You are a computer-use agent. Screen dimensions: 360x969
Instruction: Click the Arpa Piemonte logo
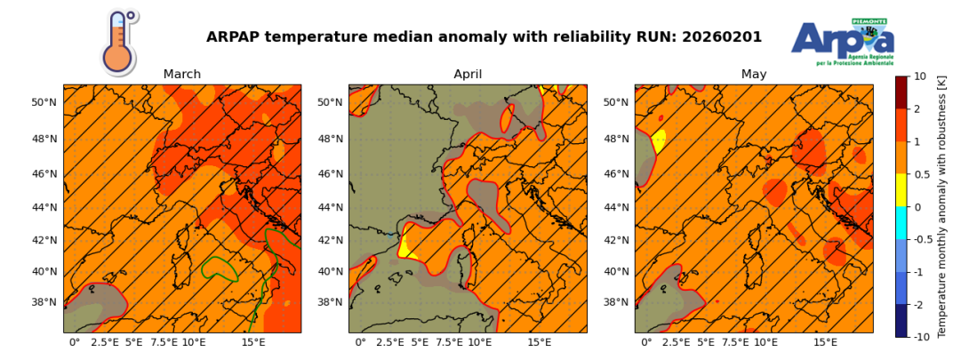point(843,41)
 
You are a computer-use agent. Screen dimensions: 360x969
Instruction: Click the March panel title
point(181,75)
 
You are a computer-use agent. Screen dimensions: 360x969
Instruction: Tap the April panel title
point(468,75)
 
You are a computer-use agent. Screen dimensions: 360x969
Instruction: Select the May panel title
point(754,75)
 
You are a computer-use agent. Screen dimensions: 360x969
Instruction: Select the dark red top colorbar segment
point(901,92)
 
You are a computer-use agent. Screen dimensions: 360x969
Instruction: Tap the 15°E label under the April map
point(540,342)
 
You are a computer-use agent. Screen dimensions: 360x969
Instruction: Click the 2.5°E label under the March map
point(103,342)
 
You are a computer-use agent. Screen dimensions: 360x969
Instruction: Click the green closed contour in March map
point(219,268)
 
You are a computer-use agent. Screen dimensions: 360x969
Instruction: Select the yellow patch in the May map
point(659,140)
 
